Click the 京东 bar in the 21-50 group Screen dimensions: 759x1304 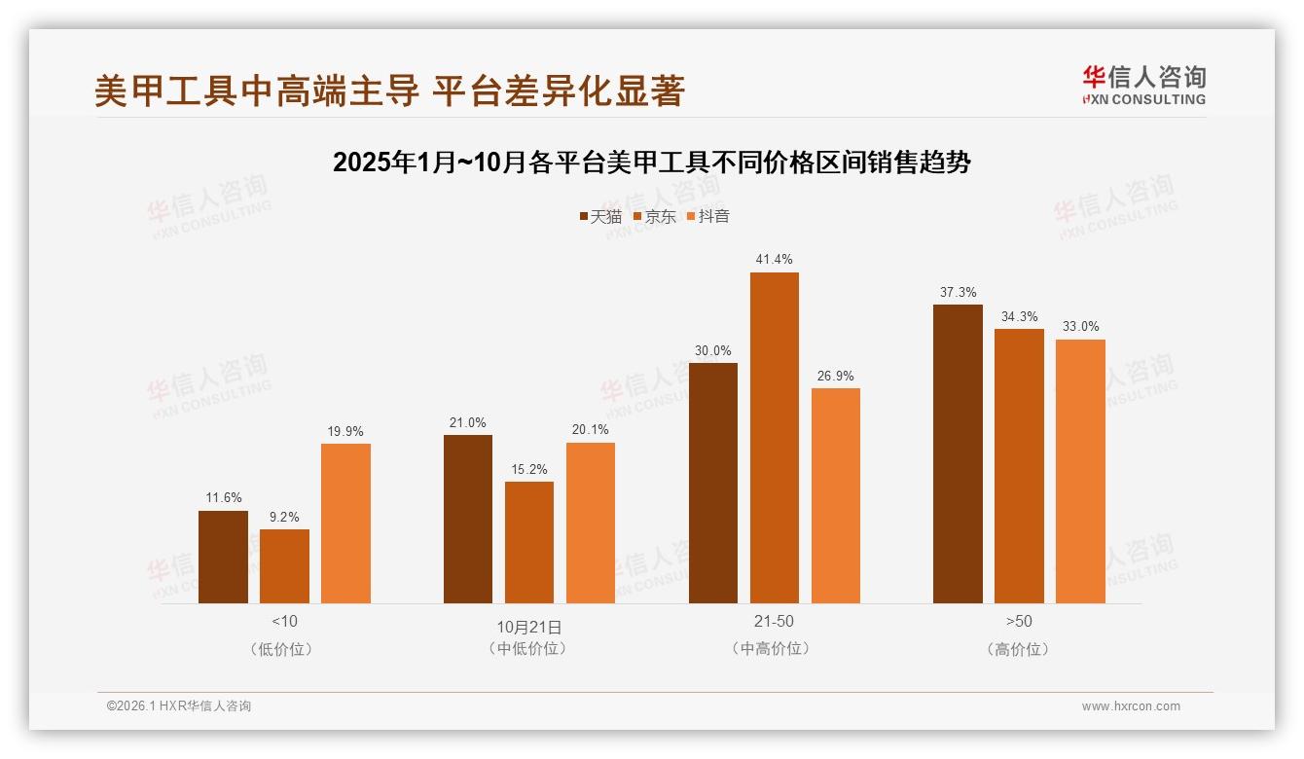(x=774, y=438)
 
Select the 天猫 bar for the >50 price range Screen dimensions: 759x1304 (x=958, y=453)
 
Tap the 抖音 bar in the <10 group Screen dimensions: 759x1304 (x=345, y=524)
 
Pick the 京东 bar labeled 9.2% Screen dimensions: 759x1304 (x=284, y=566)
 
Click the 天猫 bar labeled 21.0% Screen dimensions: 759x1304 (x=468, y=519)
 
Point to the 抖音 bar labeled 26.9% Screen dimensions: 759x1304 (x=835, y=495)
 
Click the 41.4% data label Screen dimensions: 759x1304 (x=774, y=260)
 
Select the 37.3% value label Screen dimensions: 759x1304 (x=958, y=292)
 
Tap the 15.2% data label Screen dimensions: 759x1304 (x=529, y=469)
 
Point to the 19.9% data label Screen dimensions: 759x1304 (x=345, y=431)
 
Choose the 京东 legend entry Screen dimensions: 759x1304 (x=654, y=216)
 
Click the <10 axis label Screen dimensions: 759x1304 (x=284, y=621)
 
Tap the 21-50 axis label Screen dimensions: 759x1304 (x=774, y=621)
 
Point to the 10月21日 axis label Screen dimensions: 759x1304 (x=529, y=626)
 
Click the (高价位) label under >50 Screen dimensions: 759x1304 (x=1018, y=649)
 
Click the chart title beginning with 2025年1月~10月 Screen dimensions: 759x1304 (x=652, y=162)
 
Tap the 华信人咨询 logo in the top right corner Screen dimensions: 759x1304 (x=1143, y=85)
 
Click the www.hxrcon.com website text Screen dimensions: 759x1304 (x=1131, y=706)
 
